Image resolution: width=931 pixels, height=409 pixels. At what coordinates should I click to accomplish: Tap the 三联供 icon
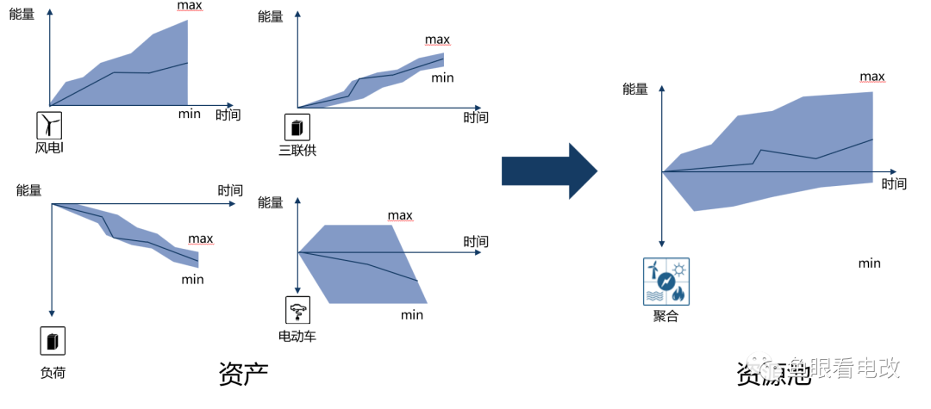(x=297, y=128)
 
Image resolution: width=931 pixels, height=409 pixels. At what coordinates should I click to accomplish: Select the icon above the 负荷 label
(x=53, y=341)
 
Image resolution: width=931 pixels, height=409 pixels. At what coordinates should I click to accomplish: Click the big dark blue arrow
(x=549, y=170)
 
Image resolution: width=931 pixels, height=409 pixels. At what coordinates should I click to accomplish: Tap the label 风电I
(x=50, y=149)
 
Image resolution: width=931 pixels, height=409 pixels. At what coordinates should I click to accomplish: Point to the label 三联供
(x=297, y=151)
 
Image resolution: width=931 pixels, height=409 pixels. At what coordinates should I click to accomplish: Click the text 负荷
(x=53, y=372)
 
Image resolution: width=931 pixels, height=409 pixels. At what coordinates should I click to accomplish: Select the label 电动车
(x=297, y=335)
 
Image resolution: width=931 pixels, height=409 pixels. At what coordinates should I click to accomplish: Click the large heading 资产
(x=243, y=373)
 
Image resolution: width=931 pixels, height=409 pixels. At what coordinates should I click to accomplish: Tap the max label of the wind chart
(x=190, y=7)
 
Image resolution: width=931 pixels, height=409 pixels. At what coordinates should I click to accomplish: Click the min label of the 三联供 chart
(x=442, y=77)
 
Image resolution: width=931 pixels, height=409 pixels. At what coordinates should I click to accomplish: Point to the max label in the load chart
(x=200, y=239)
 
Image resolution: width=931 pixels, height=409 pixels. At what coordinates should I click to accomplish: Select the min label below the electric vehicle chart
(x=412, y=314)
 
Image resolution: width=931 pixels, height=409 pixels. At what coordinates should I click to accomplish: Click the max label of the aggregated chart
(x=872, y=77)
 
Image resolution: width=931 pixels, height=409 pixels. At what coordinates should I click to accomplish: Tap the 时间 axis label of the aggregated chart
(x=894, y=183)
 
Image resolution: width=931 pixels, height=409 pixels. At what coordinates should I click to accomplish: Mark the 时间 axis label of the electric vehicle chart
(x=476, y=242)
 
